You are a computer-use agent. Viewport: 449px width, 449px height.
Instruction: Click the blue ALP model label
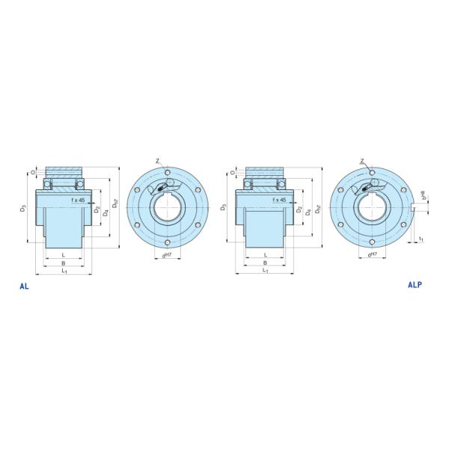point(416,285)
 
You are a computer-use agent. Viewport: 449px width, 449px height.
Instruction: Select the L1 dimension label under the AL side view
point(64,272)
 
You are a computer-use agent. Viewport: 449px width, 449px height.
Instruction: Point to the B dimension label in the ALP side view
point(266,263)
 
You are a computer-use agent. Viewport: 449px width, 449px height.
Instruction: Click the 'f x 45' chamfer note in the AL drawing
point(79,201)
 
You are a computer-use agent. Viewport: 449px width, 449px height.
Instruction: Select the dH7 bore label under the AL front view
point(167,255)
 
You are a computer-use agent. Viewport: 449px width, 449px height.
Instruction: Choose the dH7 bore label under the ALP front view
point(370,255)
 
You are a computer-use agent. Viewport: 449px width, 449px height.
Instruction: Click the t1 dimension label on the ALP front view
point(421,239)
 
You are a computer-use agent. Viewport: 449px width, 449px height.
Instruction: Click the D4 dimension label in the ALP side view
point(308,213)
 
